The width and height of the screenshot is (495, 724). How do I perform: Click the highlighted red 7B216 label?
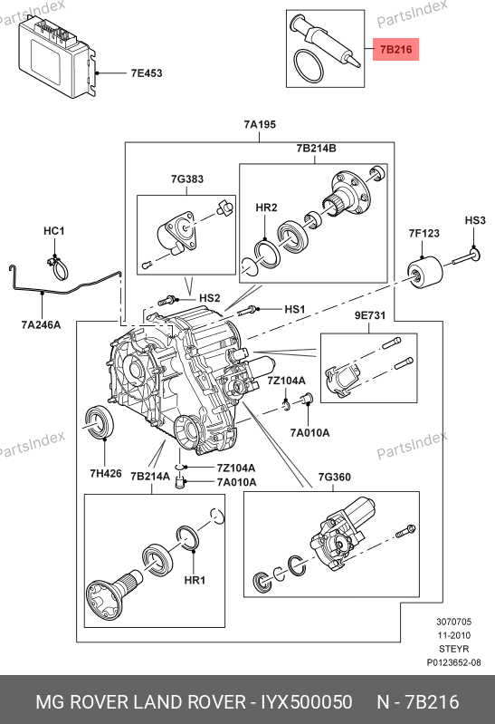pyautogui.click(x=395, y=50)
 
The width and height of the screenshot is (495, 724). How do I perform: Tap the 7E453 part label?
pyautogui.click(x=147, y=73)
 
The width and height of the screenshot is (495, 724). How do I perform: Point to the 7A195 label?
pyautogui.click(x=260, y=124)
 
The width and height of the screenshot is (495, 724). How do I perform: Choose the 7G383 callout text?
pyautogui.click(x=186, y=179)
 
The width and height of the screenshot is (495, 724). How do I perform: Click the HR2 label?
pyautogui.click(x=266, y=208)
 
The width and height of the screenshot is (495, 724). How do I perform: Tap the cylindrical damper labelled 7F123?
pyautogui.click(x=424, y=274)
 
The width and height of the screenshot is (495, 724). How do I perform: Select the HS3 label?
pyautogui.click(x=475, y=220)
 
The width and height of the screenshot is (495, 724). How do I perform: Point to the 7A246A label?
pyautogui.click(x=41, y=325)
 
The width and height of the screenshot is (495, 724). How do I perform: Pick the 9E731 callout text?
pyautogui.click(x=370, y=315)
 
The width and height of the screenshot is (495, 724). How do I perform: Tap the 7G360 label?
pyautogui.click(x=335, y=477)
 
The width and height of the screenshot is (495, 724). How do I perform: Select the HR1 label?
pyautogui.click(x=195, y=580)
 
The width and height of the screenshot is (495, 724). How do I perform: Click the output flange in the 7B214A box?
pyautogui.click(x=114, y=593)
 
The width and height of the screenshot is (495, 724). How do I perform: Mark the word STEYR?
pyautogui.click(x=454, y=649)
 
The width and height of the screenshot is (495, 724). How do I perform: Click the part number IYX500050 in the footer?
pyautogui.click(x=307, y=702)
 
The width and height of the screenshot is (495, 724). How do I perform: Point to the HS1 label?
pyautogui.click(x=295, y=309)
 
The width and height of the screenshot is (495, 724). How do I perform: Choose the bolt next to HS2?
pyautogui.click(x=167, y=301)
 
